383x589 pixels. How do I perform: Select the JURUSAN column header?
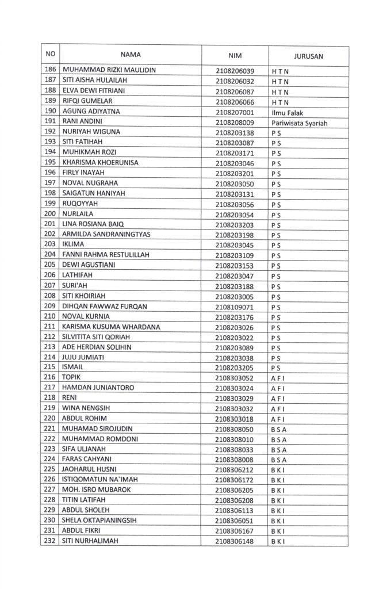(308, 56)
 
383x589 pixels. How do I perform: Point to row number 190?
(50, 111)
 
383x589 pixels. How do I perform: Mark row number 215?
(50, 367)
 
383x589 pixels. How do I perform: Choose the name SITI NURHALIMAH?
(94, 541)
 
